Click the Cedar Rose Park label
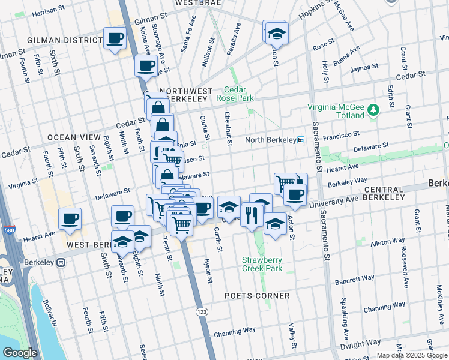(x=239, y=94)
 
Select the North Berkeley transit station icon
(x=301, y=140)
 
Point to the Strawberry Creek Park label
(x=262, y=264)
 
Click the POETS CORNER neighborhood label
(x=257, y=296)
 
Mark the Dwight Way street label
(x=360, y=346)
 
